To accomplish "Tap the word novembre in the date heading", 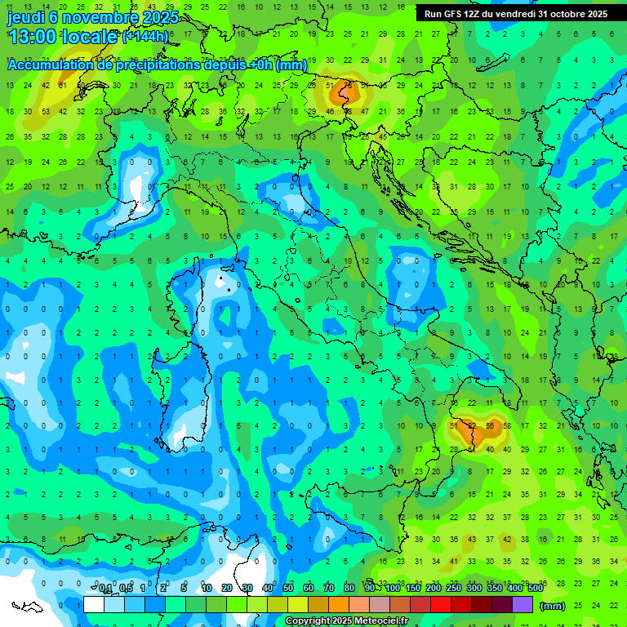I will (x=101, y=17).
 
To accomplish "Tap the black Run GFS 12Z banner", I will (x=515, y=14).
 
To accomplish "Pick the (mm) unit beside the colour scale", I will (x=553, y=606).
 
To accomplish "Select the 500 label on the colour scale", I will (x=536, y=589).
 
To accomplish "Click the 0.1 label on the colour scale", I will (x=104, y=589).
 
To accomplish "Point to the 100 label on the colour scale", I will (x=393, y=589).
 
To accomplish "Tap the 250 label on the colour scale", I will (x=454, y=589).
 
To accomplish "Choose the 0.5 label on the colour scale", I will (x=125, y=589).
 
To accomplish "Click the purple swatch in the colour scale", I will (x=522, y=604).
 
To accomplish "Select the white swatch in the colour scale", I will (x=94, y=604).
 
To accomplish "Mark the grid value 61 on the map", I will (x=62, y=85).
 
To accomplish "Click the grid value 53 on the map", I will (x=46, y=111).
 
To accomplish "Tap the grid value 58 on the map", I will (x=507, y=426).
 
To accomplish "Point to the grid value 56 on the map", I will (x=490, y=426).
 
